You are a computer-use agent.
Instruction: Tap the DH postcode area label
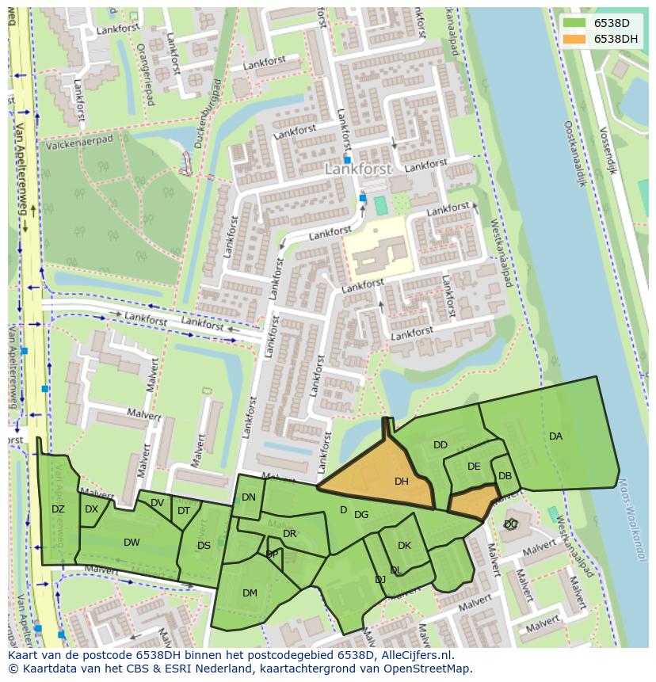point(402,481)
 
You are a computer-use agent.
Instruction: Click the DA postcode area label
point(555,436)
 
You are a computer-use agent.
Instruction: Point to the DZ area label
point(58,509)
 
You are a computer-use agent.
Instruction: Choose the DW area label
point(132,543)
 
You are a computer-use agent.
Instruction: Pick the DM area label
point(250,592)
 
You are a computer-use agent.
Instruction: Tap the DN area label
point(249,497)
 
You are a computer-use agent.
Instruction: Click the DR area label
point(289,534)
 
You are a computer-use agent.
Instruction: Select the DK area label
point(404,546)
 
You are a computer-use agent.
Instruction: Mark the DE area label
point(474,467)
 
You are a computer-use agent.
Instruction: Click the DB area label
point(505,476)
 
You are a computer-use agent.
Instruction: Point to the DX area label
point(91,509)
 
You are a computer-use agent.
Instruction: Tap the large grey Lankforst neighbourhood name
point(358,169)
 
